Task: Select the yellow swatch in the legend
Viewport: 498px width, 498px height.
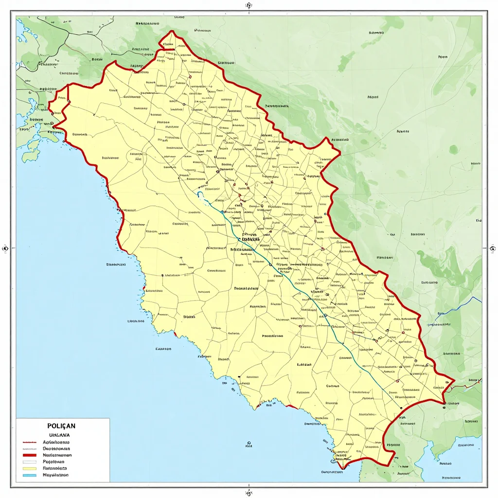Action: click(30, 468)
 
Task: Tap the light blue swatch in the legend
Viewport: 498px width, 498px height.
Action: click(30, 475)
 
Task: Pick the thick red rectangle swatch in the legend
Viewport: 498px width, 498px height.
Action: click(30, 455)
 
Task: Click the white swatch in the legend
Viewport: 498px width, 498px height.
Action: click(30, 462)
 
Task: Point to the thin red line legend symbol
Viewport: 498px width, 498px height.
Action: click(30, 442)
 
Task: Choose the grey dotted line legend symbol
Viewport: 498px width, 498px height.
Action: click(30, 449)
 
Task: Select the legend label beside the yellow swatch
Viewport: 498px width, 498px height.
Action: click(56, 468)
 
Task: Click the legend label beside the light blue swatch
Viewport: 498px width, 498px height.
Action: click(55, 475)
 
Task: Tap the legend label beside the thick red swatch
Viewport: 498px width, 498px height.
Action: click(57, 455)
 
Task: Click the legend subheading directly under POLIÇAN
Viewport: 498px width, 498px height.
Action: click(59, 435)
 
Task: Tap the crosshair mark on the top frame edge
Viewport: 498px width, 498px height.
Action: click(249, 5)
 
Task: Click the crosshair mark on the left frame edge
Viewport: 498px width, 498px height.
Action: click(6, 248)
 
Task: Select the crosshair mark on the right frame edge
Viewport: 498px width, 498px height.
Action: click(492, 248)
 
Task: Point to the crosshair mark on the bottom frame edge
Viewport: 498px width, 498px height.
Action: click(249, 492)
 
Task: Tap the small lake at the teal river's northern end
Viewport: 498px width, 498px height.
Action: click(200, 195)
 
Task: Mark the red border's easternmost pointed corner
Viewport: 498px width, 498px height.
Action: click(454, 380)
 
